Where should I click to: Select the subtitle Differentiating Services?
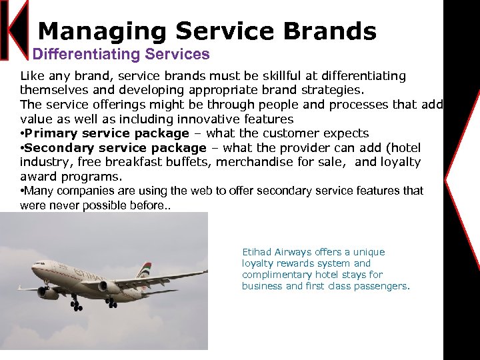pyautogui.click(x=121, y=54)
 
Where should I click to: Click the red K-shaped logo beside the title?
pyautogui.click(x=15, y=30)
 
